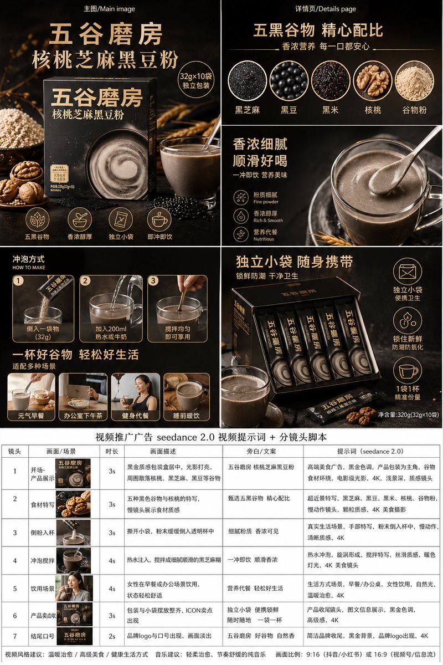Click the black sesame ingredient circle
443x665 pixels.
pyautogui.click(x=247, y=80)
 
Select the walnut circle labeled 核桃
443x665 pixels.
pyautogui.click(x=373, y=80)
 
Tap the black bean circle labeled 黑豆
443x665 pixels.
pyautogui.click(x=289, y=80)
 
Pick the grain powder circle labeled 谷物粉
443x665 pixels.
pyautogui.click(x=414, y=80)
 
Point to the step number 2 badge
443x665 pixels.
pyautogui.click(x=85, y=280)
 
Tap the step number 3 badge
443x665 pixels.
pyautogui.click(x=153, y=280)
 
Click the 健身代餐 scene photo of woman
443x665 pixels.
pyautogui.click(x=136, y=391)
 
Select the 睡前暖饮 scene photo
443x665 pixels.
pyautogui.click(x=187, y=391)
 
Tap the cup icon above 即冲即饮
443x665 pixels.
pyautogui.click(x=159, y=219)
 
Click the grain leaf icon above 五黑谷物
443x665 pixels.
pyautogui.click(x=37, y=219)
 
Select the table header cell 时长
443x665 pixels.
pyautogui.click(x=108, y=451)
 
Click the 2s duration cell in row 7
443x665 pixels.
pyautogui.click(x=112, y=636)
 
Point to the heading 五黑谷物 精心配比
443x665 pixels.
pyautogui.click(x=318, y=29)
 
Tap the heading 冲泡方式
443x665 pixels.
pyautogui.click(x=28, y=259)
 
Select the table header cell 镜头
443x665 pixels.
pyautogui.click(x=14, y=451)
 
